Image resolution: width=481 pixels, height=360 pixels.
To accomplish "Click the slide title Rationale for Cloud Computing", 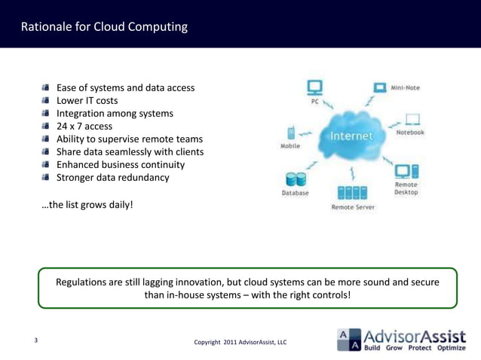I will tap(104, 28).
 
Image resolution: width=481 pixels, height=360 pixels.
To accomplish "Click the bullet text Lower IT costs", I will tap(87, 100).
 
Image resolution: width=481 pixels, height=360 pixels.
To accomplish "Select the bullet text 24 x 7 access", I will tap(84, 126).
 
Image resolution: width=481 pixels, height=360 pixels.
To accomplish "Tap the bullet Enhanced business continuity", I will tap(121, 164).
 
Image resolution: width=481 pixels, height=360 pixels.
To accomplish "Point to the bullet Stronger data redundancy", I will tap(113, 178).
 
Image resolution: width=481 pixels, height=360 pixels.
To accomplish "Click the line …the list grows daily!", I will tap(87, 203).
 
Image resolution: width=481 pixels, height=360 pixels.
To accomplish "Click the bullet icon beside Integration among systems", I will tap(46, 114).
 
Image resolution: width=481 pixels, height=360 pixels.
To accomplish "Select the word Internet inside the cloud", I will tap(351, 136).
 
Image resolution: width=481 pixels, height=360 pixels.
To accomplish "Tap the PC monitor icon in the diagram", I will tap(314, 87).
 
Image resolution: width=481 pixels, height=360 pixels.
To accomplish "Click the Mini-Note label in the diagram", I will tap(406, 88).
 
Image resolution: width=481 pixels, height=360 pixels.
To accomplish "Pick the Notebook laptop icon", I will tap(412, 119).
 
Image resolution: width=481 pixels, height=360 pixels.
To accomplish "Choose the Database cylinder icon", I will tap(294, 179).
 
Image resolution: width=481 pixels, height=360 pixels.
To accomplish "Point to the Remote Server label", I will tap(352, 206).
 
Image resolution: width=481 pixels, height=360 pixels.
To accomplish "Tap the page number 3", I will tap(35, 340).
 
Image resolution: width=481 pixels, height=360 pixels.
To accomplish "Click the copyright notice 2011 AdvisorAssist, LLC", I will tap(240, 343).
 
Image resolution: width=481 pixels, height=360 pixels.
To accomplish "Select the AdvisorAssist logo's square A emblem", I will tap(348, 340).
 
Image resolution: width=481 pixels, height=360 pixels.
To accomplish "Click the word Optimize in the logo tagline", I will tap(451, 348).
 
